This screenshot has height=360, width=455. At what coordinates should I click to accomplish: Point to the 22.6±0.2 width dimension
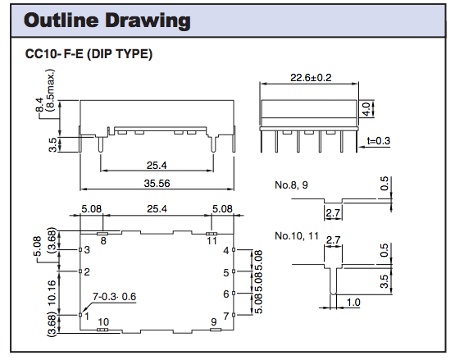click(312, 78)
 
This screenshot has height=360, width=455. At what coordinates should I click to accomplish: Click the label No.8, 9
click(293, 185)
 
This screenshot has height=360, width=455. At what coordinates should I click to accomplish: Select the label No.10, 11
click(298, 236)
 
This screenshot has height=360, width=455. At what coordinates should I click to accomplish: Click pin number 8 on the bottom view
click(102, 241)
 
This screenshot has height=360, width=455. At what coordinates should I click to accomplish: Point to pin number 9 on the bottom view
click(214, 322)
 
